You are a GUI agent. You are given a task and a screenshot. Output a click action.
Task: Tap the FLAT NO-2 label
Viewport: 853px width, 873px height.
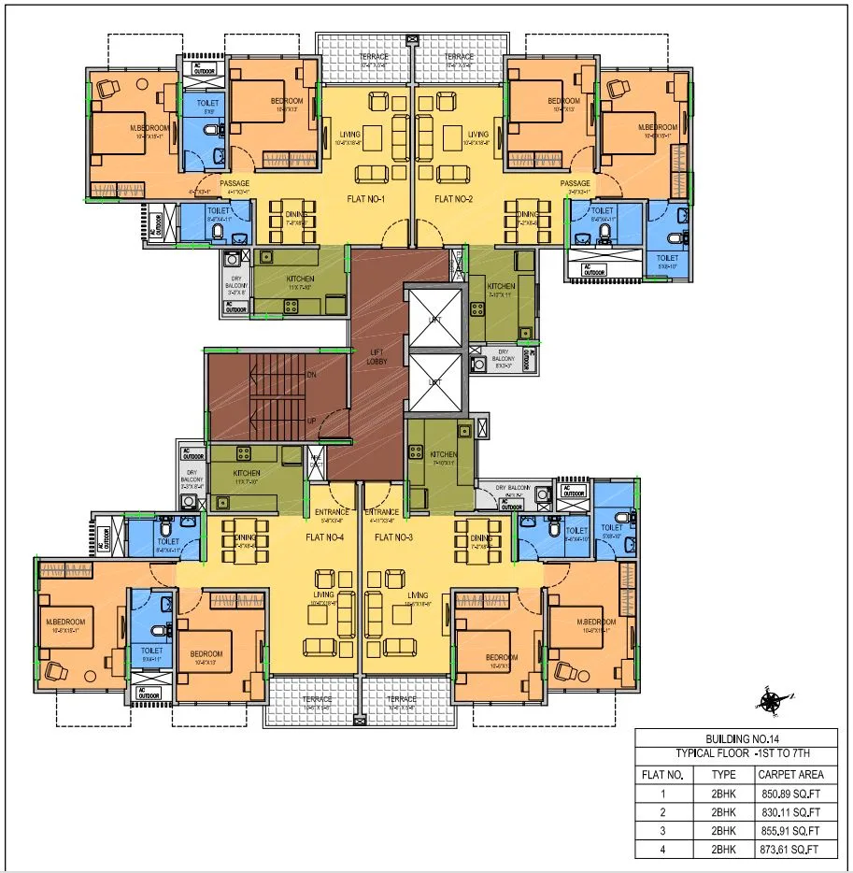coord(455,199)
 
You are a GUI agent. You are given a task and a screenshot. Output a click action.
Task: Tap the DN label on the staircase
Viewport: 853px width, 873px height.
coord(311,374)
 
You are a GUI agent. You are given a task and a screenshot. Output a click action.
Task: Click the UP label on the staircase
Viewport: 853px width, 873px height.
coord(311,420)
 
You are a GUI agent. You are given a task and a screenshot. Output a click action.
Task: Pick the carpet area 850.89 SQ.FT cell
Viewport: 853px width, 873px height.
coord(788,794)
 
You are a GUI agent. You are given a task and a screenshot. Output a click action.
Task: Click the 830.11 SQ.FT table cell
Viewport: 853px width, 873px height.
coord(788,812)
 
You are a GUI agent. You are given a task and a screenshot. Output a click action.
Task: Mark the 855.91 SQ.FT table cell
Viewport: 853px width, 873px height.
coord(788,831)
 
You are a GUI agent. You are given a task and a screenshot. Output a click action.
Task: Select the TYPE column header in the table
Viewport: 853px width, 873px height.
coord(723,774)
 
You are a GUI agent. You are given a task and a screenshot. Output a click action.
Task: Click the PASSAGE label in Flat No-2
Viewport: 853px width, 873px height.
coord(576,183)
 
